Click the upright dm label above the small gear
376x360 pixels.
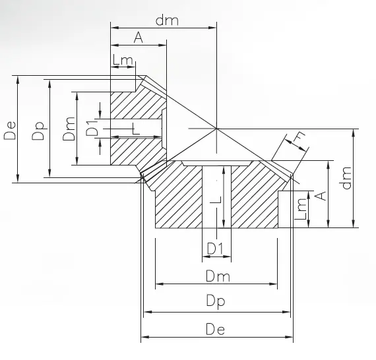click(167, 20)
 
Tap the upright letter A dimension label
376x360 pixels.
click(138, 38)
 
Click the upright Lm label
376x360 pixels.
click(123, 61)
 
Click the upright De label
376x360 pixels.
click(216, 330)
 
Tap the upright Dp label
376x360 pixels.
click(216, 301)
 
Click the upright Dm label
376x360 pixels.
click(216, 274)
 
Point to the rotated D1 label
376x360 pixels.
click(94, 128)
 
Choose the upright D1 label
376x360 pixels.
click(216, 249)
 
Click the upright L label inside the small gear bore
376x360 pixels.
click(136, 129)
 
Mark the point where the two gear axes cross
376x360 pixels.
click(216, 128)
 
